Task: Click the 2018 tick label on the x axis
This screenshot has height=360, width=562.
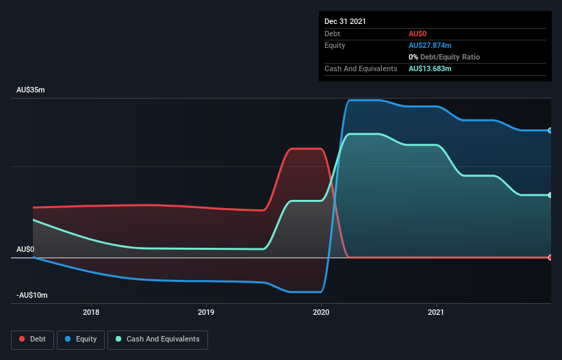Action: click(91, 313)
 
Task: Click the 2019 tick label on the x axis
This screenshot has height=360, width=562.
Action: click(206, 313)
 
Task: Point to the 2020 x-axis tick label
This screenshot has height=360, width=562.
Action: click(321, 313)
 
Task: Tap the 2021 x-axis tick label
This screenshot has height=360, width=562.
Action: click(436, 313)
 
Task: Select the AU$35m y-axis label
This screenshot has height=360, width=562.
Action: click(31, 90)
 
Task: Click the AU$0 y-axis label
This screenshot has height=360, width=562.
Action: click(25, 250)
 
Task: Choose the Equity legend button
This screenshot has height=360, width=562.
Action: click(81, 339)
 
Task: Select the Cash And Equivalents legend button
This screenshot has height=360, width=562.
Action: click(157, 339)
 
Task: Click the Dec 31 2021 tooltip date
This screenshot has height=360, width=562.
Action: click(345, 21)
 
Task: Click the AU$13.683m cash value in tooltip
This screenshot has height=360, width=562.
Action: click(430, 68)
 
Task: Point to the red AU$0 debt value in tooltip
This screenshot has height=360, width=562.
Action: click(418, 34)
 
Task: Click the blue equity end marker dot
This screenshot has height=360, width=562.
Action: click(550, 130)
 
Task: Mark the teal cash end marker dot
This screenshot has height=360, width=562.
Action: click(550, 195)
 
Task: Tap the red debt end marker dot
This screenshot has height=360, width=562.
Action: click(550, 257)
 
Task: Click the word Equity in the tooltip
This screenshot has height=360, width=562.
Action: click(335, 45)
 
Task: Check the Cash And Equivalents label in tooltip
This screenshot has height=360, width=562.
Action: click(361, 68)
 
